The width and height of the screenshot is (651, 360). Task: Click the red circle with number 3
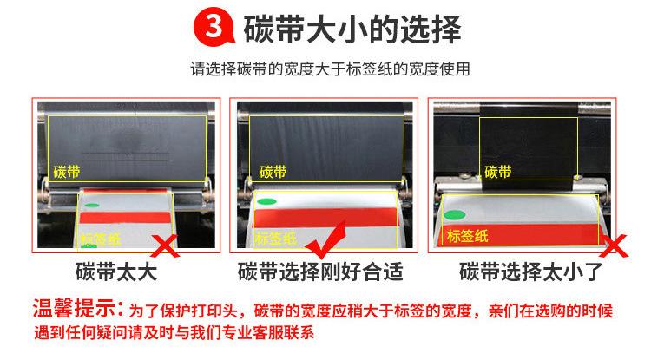tap(209, 28)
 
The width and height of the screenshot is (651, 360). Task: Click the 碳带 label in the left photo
tap(65, 171)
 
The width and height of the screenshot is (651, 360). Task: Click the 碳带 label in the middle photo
tap(273, 172)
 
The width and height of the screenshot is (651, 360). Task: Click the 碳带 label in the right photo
tap(497, 171)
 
